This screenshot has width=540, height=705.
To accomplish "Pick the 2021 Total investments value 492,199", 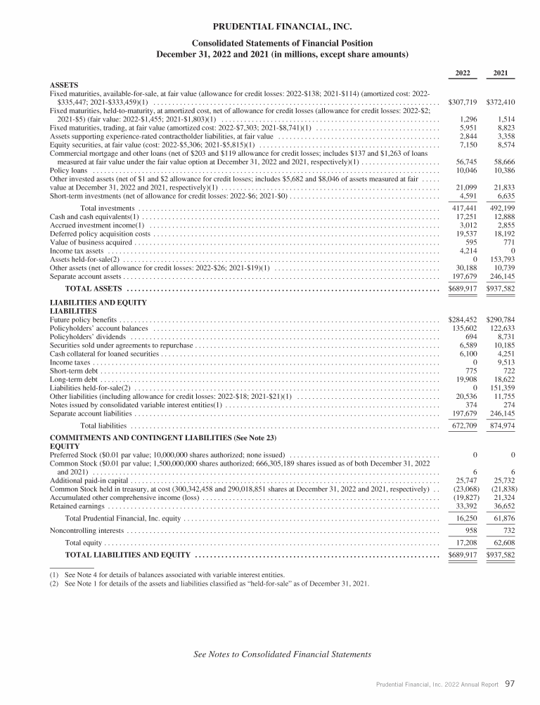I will click(501, 209).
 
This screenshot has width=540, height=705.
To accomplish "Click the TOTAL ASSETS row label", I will click(94, 289).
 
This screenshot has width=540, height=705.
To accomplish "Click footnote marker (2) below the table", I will click(53, 584).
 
